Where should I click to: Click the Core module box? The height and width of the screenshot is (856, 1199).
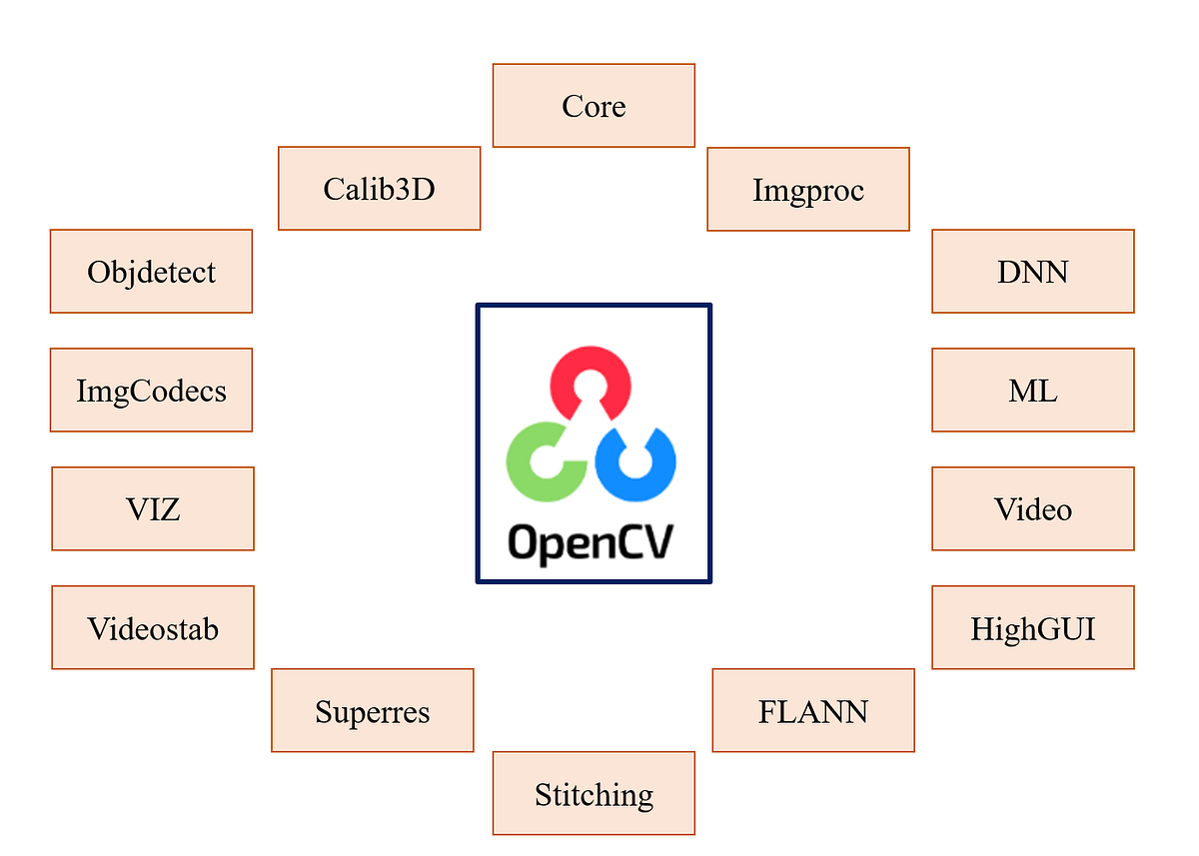(594, 106)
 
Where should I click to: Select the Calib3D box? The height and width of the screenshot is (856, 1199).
(379, 189)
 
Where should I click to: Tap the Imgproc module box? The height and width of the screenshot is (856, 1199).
(808, 190)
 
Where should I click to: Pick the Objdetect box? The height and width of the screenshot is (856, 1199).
(151, 272)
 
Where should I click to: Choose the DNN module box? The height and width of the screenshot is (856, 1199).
(1032, 272)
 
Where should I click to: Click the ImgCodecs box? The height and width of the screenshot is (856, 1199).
(151, 391)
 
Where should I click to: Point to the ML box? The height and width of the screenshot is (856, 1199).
(1032, 391)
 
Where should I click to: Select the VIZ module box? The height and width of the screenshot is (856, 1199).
(153, 509)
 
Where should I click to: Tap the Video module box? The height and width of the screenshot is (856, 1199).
(1032, 509)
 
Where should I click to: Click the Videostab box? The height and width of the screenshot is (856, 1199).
(153, 628)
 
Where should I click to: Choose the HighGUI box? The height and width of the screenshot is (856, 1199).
(1032, 628)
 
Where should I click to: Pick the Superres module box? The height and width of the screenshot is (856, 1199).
(372, 711)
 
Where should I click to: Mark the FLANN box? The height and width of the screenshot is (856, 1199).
(813, 711)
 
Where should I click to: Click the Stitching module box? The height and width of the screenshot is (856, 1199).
(594, 794)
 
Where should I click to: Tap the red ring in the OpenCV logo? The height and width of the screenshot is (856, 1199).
(591, 371)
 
